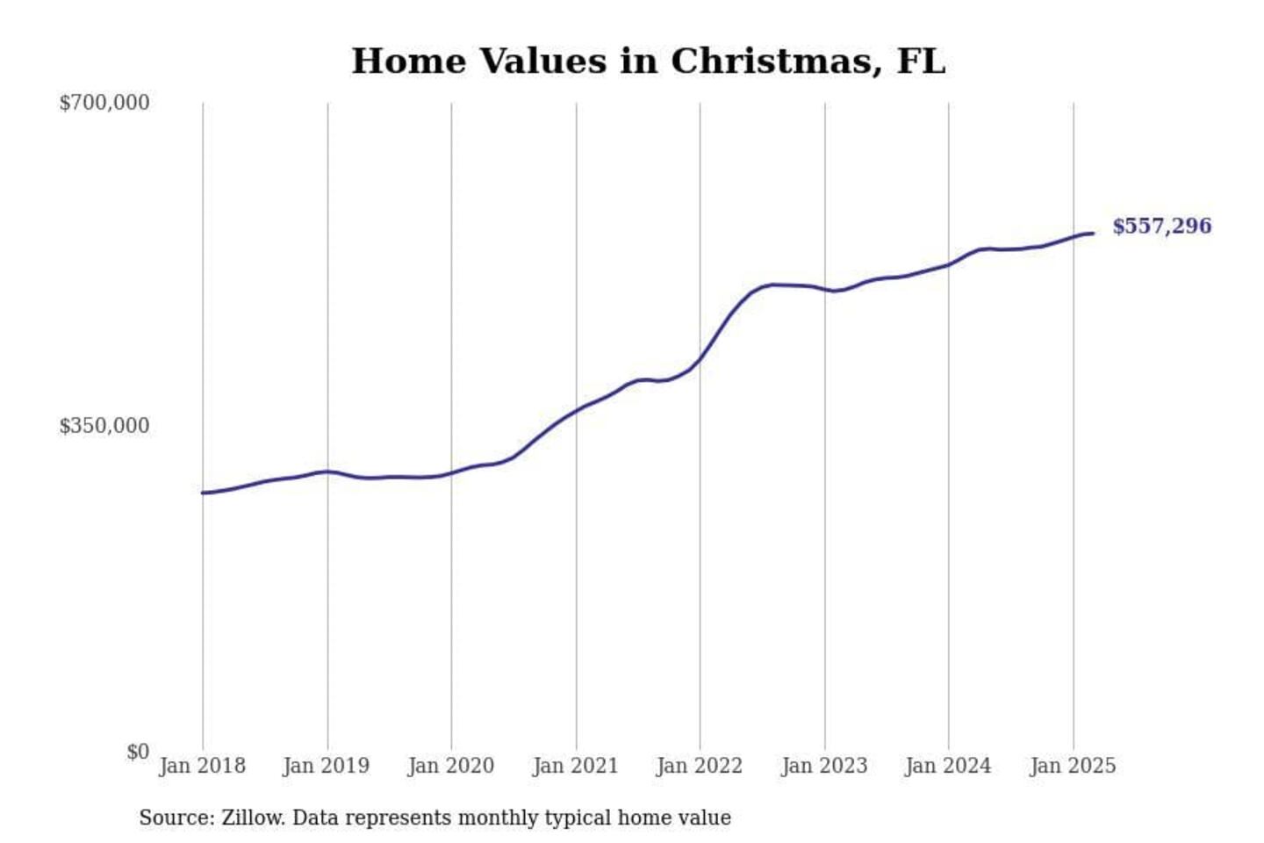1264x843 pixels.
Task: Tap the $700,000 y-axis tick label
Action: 104,103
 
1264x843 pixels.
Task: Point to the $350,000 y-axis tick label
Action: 104,426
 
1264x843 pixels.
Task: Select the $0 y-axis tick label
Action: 138,752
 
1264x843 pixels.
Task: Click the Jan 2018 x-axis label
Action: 202,766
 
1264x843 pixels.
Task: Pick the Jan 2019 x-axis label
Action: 327,766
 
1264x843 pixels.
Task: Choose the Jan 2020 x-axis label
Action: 451,766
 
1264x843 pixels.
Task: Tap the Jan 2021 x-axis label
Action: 576,766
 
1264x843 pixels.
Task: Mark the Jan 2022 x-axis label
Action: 700,766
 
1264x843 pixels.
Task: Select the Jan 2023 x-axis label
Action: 824,766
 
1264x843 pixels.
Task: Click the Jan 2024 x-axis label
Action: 948,766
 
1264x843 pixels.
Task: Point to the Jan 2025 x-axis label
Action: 1073,766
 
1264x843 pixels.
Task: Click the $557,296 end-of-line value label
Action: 1161,227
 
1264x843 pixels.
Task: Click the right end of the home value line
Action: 1093,233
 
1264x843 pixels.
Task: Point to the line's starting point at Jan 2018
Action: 203,493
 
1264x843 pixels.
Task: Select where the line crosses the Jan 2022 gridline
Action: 700,358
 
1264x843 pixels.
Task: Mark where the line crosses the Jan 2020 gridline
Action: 452,472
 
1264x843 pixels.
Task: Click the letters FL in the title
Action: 921,61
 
